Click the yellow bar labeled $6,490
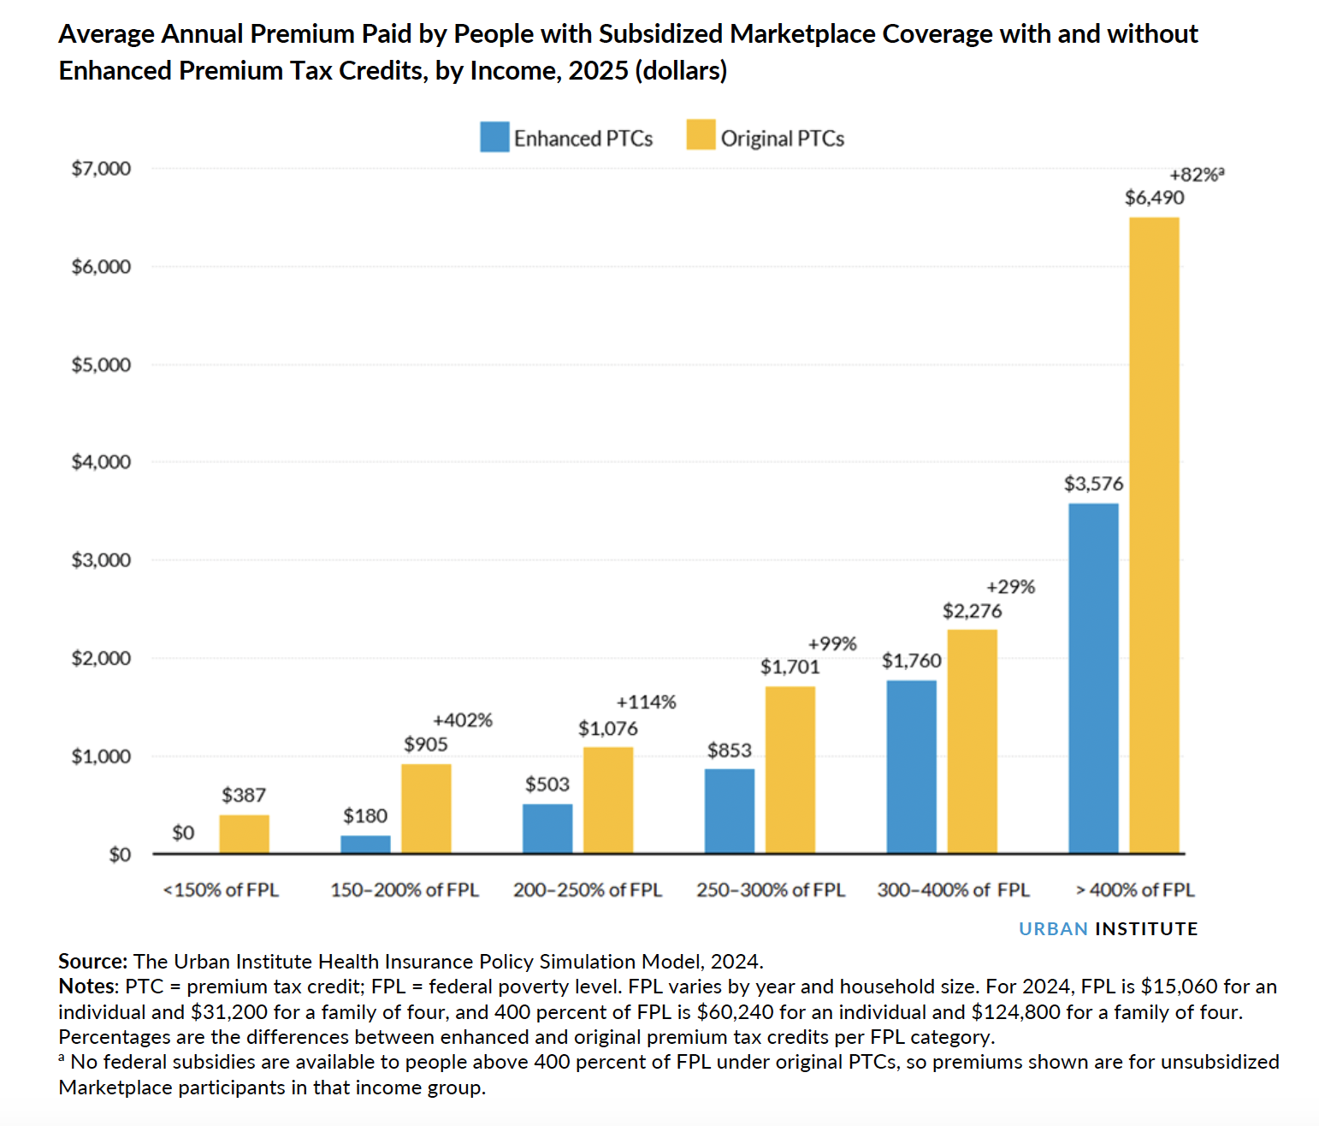pos(1154,535)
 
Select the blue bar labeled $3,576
pos(1093,678)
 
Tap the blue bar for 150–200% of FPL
pos(365,844)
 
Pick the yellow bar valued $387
pos(244,833)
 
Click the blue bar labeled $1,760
pos(911,767)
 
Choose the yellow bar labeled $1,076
pos(608,800)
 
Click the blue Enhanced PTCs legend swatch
pos(494,137)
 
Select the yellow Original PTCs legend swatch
pos(701,136)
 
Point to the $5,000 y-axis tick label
pos(101,365)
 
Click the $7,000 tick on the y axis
pos(101,169)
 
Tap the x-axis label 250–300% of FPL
pos(770,890)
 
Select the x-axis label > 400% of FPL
pos(1135,890)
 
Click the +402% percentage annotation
pos(463,720)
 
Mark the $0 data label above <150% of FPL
pos(183,833)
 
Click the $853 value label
pos(729,750)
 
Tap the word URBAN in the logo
pos(1053,929)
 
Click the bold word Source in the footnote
pos(92,962)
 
